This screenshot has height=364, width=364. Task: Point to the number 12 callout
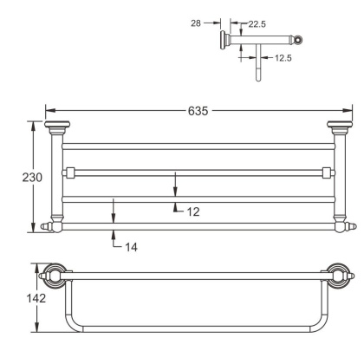pos(192,210)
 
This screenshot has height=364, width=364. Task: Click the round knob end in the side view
pos(299,39)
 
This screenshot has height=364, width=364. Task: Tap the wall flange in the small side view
pos(225,38)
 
